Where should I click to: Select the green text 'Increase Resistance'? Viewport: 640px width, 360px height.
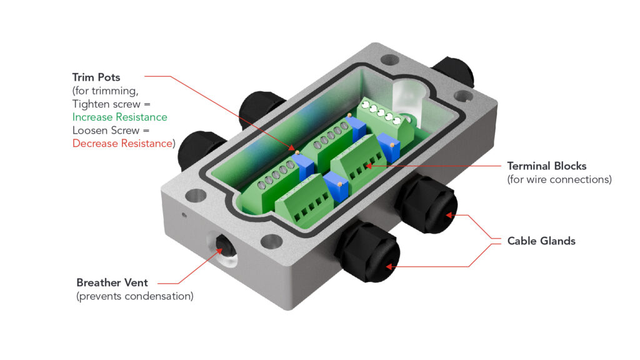point(120,117)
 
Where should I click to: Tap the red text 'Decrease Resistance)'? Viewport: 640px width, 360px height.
point(123,143)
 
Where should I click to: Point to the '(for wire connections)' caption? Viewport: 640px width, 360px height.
point(559,180)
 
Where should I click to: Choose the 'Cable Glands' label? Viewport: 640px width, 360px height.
point(541,241)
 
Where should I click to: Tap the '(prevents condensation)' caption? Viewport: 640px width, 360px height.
point(134,296)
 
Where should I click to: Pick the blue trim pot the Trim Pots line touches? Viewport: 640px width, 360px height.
point(304,166)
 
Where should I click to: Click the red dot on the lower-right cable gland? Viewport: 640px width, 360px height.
point(448,215)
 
